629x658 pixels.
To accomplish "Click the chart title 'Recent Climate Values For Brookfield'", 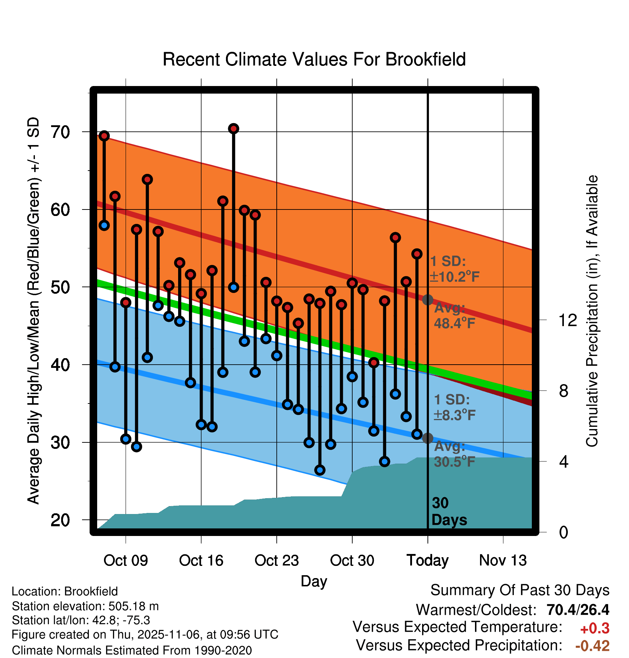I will [x=314, y=59].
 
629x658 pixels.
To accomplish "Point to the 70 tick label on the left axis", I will [x=60, y=132].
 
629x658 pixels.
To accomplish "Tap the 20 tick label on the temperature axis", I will [x=60, y=520].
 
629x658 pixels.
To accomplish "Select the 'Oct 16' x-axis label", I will [x=201, y=560].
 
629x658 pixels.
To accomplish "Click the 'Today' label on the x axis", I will [x=427, y=560].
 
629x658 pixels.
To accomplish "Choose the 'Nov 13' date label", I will [x=503, y=560].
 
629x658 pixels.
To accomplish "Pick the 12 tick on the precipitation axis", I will [x=567, y=320].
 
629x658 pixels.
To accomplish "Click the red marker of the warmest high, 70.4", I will [x=234, y=129].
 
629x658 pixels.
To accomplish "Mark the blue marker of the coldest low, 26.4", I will [x=320, y=470].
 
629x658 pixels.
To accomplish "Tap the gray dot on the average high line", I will [x=427, y=299].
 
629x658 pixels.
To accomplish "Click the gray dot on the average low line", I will [x=427, y=438].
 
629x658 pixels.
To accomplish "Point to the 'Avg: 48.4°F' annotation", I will [x=454, y=316].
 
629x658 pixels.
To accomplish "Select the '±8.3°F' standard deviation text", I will [x=454, y=415].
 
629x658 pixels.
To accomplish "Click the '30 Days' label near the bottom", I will [x=449, y=511].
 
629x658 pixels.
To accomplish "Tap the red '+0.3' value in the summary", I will [x=594, y=628].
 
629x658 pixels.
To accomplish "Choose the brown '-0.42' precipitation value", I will [x=592, y=646].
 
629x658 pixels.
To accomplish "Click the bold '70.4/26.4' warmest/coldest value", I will [x=578, y=610].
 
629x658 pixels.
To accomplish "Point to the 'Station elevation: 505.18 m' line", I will [x=85, y=606].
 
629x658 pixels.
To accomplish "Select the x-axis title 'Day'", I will [x=314, y=581].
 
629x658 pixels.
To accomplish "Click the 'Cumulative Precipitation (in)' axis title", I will [x=592, y=311].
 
